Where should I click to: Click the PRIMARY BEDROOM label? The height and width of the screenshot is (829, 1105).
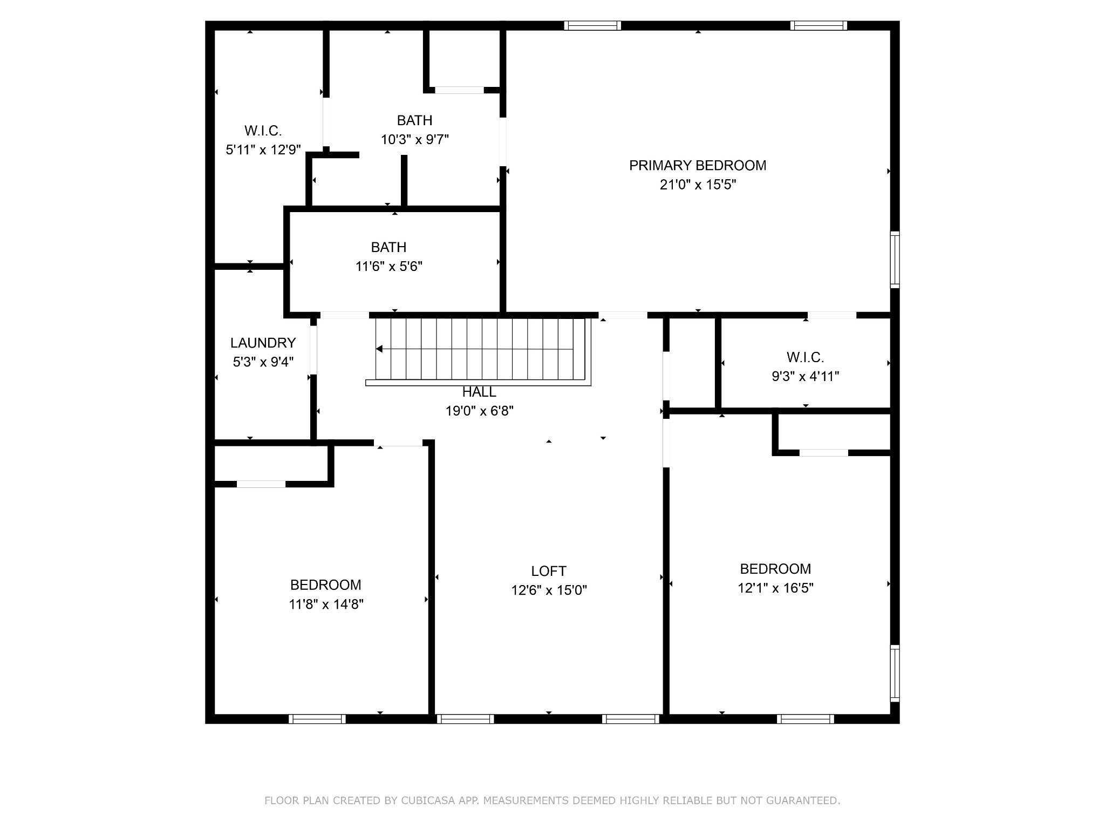click(x=697, y=166)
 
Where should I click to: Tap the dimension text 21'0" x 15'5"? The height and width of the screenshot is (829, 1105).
click(x=697, y=185)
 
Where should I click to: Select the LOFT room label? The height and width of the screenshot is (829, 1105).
click(x=548, y=571)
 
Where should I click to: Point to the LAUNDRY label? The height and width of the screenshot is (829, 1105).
click(x=263, y=343)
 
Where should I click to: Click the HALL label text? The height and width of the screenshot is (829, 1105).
click(x=479, y=392)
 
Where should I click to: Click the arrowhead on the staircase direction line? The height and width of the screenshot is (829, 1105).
click(x=379, y=349)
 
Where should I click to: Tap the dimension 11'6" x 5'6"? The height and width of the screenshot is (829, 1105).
click(x=388, y=267)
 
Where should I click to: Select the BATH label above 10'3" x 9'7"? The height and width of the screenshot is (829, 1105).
click(x=414, y=120)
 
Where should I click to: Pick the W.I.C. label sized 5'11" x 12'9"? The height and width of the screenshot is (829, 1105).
click(x=263, y=131)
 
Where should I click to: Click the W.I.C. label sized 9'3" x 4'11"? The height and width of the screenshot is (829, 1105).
click(x=804, y=357)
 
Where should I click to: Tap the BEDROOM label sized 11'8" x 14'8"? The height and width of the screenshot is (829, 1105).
click(x=325, y=585)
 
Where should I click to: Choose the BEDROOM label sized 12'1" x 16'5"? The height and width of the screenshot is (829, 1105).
click(x=775, y=569)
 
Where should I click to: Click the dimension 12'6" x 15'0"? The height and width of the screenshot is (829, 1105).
click(x=548, y=590)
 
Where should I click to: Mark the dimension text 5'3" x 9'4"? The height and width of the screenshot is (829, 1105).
click(x=263, y=362)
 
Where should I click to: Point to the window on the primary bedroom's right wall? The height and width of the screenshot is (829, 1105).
click(x=895, y=260)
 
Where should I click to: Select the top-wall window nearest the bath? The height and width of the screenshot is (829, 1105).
click(x=592, y=25)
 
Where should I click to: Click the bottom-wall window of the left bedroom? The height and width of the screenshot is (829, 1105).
click(x=317, y=719)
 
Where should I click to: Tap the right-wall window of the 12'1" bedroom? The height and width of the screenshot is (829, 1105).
click(x=895, y=674)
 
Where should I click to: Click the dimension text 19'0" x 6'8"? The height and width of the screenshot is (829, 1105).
click(x=479, y=411)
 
